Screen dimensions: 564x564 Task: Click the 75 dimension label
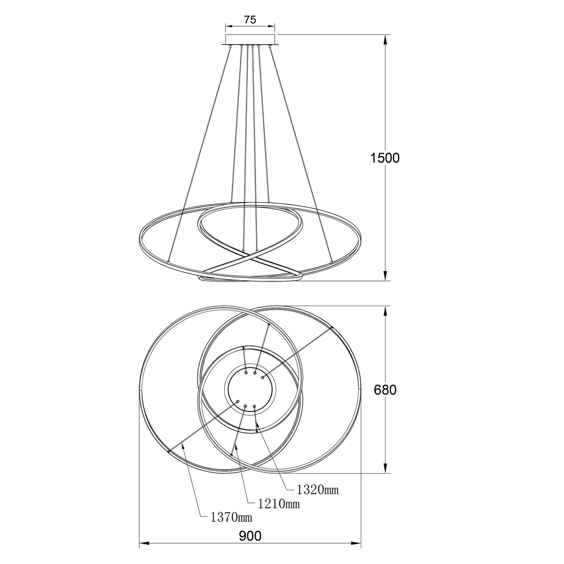point(250,19)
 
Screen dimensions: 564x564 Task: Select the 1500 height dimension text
point(385,158)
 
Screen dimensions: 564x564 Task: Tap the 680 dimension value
point(385,390)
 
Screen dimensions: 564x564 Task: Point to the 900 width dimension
point(250,536)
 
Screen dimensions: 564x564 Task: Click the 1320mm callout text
point(318,489)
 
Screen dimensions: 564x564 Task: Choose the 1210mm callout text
point(279,503)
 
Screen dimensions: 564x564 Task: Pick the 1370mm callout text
point(231,517)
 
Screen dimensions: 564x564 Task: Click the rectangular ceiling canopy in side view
point(250,39)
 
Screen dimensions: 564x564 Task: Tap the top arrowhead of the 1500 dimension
point(385,39)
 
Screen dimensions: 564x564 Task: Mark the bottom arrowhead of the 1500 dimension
point(385,276)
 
